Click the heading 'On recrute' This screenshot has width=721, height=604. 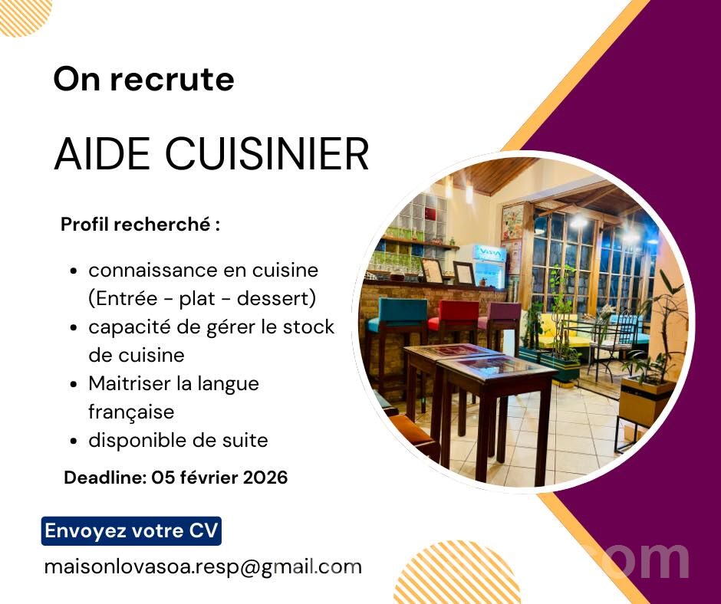144,79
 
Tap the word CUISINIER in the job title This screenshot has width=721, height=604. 267,153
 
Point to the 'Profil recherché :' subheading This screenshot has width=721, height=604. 140,225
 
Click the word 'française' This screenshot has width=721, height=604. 131,412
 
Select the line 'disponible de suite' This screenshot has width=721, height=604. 178,441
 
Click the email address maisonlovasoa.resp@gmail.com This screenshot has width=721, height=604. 202,566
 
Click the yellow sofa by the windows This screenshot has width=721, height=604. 558,332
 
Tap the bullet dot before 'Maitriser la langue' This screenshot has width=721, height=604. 74,384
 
